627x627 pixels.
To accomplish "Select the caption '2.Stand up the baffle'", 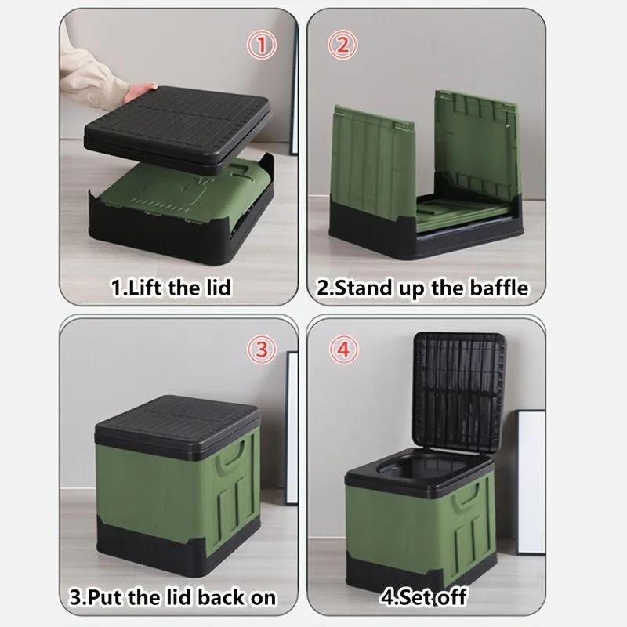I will point(422,288).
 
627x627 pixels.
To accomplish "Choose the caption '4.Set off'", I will point(422,596).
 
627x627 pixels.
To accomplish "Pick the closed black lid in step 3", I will point(176,423).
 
